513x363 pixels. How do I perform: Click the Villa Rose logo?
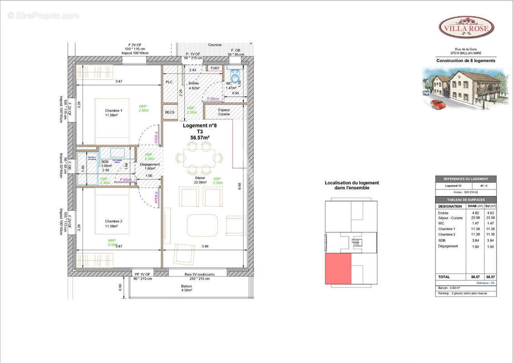point(466,27)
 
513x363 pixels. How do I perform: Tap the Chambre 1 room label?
point(113,111)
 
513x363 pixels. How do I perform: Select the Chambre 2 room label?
point(113,221)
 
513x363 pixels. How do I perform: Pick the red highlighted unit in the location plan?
point(338,269)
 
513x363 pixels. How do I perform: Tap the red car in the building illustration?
point(438,104)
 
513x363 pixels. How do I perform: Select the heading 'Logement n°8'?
point(199,126)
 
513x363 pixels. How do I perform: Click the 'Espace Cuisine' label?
point(223,112)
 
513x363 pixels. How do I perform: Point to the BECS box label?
point(169,112)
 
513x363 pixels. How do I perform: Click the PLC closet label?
point(169,82)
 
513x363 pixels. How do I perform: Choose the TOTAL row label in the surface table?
point(444,276)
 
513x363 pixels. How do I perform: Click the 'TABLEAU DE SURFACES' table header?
point(465,200)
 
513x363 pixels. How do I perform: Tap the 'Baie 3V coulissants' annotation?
point(200,275)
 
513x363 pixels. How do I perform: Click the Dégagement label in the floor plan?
point(150,164)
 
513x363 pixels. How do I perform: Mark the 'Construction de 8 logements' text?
point(465,60)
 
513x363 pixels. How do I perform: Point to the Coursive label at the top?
point(215,45)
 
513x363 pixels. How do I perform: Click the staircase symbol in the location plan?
point(356,243)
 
